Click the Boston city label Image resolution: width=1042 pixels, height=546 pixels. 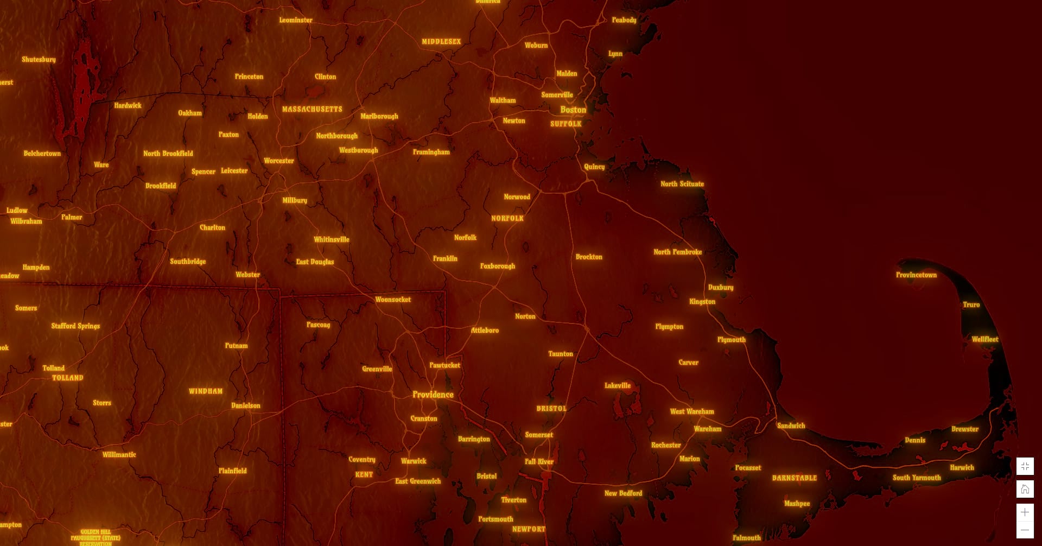(x=573, y=110)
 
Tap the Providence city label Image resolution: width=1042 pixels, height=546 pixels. (x=433, y=395)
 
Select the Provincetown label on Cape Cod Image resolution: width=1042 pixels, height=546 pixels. (x=916, y=275)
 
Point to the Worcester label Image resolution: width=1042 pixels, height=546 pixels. (x=279, y=161)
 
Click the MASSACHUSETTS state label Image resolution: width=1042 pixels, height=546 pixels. (x=312, y=109)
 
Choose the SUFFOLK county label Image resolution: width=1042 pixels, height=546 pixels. (x=566, y=124)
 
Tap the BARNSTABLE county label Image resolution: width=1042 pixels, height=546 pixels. (x=794, y=478)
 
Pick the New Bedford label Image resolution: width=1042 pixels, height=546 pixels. (x=623, y=493)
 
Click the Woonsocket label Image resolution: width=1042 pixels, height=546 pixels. (x=393, y=300)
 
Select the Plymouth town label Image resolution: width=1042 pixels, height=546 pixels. (x=731, y=340)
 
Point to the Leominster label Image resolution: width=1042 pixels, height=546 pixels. (x=296, y=20)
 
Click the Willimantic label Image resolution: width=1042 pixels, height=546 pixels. (x=119, y=455)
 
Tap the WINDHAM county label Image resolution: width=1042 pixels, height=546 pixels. (x=205, y=391)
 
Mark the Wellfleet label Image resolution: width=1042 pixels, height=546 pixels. (x=984, y=339)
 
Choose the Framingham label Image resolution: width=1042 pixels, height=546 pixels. (x=431, y=152)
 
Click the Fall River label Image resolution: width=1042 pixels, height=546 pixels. (x=539, y=462)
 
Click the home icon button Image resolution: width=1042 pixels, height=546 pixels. (x=1025, y=489)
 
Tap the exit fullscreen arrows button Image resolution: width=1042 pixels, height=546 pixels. (x=1025, y=466)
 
